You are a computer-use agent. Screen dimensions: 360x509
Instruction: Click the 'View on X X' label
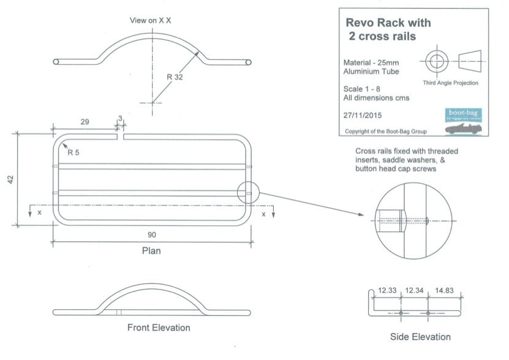pos(150,20)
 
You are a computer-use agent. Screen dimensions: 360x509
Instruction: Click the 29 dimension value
pos(85,122)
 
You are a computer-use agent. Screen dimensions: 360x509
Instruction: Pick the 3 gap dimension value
pos(121,118)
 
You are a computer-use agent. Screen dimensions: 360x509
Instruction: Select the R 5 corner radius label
pos(74,152)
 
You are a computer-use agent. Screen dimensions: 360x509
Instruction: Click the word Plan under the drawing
pos(151,250)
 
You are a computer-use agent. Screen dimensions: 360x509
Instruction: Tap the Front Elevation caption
pos(159,328)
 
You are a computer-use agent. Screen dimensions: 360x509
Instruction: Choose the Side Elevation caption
pos(420,337)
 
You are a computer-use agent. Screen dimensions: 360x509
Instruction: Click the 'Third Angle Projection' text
pos(450,83)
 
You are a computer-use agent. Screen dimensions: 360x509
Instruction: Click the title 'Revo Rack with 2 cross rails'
pos(388,29)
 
